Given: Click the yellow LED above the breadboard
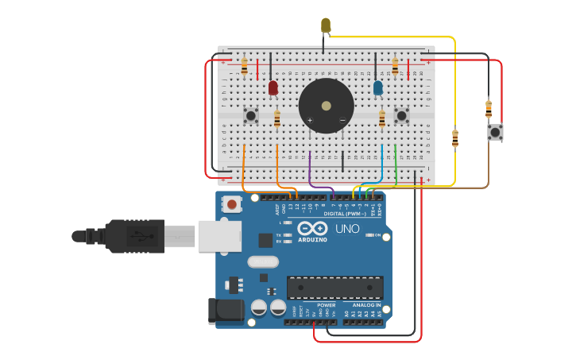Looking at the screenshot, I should click(x=326, y=25).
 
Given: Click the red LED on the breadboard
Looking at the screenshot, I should click(x=273, y=87).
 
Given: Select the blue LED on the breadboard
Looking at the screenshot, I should click(x=377, y=87).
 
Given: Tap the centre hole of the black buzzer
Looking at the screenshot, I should click(x=326, y=106).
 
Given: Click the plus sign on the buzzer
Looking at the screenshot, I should click(x=310, y=121).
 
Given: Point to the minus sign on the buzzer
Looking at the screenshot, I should click(x=342, y=121).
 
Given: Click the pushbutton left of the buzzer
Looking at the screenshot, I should click(x=251, y=116).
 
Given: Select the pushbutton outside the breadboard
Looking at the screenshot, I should click(x=495, y=132).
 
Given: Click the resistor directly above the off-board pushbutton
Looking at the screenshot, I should click(x=489, y=108).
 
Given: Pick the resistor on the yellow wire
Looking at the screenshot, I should click(x=454, y=139).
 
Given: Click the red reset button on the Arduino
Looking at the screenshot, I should click(x=231, y=204).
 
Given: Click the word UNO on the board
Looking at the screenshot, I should click(x=347, y=229).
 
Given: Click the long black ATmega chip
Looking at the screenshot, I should click(x=334, y=288).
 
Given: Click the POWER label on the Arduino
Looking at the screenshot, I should click(x=327, y=305).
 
